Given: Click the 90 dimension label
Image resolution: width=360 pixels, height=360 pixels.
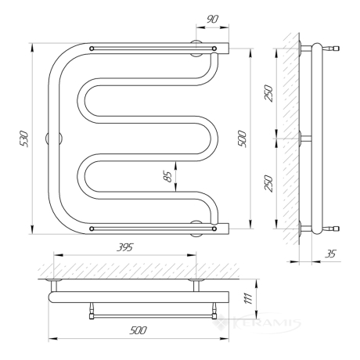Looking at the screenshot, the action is point(213,19).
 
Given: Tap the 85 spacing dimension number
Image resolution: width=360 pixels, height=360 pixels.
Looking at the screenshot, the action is point(167,176).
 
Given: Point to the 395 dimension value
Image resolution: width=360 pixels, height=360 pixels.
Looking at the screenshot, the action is point(124,247).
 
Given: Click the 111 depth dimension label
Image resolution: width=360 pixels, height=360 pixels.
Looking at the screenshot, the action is point(248,298).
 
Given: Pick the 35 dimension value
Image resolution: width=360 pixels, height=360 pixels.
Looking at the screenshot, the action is point(331,254).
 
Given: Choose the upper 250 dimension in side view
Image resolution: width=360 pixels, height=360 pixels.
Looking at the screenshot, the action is point(268,93).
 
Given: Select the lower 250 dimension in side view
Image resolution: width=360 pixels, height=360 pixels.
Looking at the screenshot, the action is point(268,183).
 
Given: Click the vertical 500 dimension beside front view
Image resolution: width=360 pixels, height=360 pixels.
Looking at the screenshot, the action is point(242,139).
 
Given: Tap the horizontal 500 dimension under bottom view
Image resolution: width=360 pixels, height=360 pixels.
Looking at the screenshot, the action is point(139,330).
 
